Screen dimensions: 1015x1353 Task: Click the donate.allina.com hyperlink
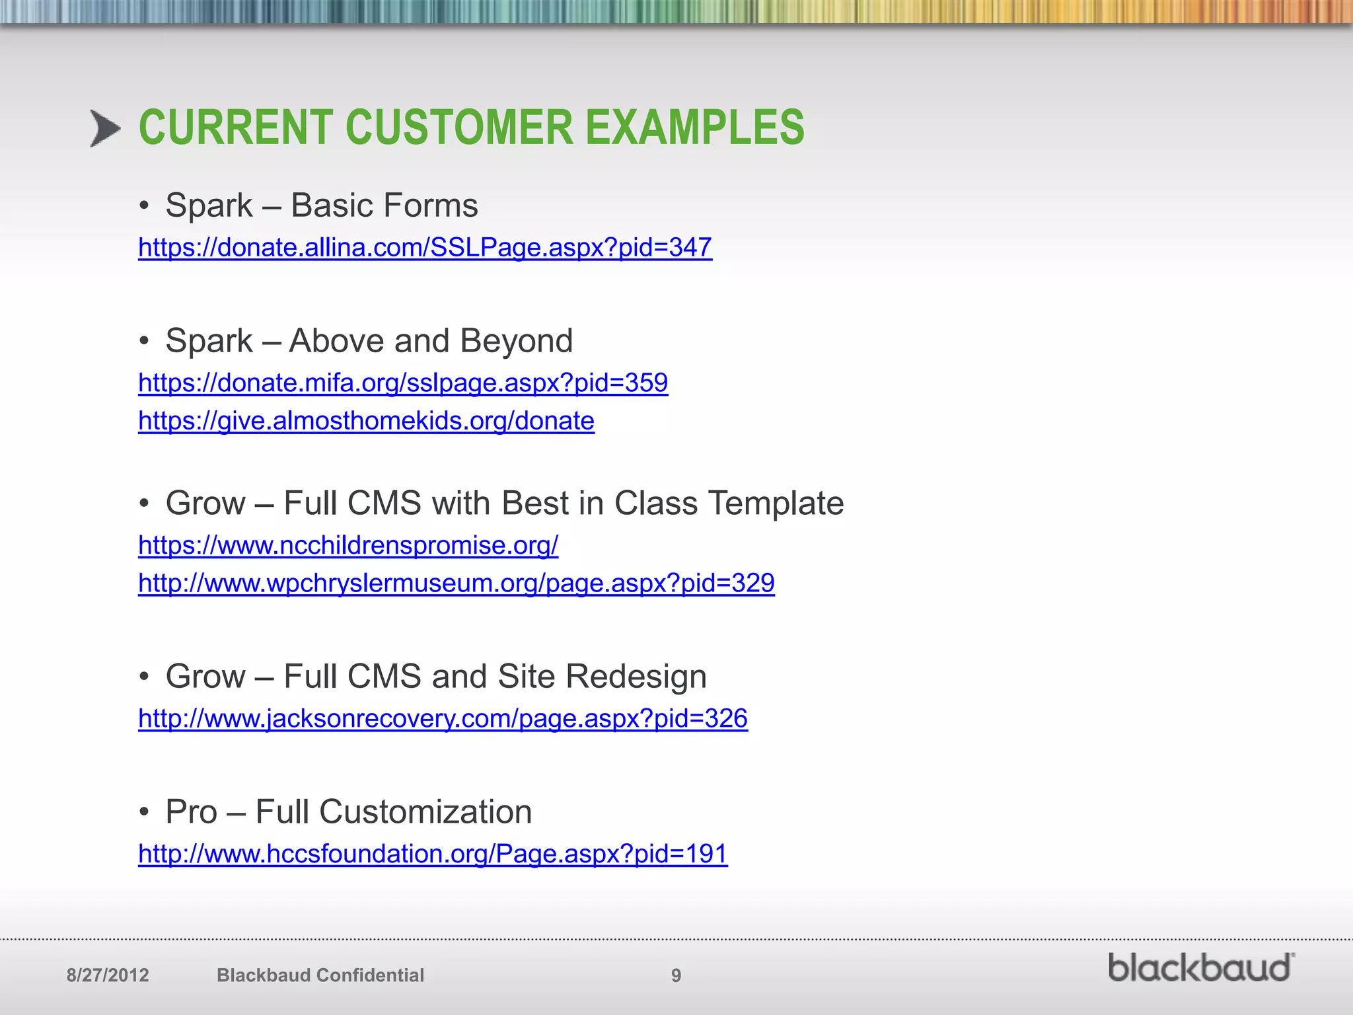point(425,248)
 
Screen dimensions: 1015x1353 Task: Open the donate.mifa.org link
point(403,383)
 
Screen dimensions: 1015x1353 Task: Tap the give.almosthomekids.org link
point(366,421)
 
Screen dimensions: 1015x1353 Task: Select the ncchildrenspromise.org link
point(348,546)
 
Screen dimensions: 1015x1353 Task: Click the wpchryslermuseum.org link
point(456,583)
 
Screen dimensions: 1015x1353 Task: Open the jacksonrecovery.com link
point(443,719)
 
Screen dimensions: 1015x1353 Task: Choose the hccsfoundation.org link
point(433,854)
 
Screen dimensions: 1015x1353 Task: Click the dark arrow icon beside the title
point(105,128)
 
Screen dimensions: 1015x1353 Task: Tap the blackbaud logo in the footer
point(1200,968)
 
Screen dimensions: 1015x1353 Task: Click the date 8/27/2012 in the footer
point(108,975)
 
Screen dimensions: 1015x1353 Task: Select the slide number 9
point(676,975)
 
